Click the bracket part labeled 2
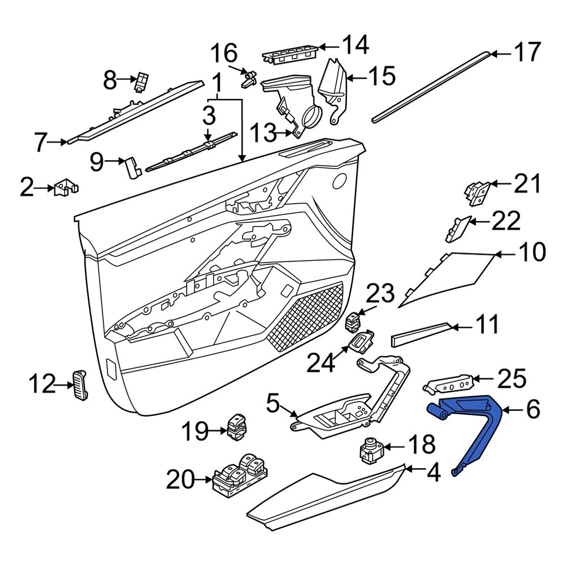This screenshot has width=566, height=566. [x=66, y=187]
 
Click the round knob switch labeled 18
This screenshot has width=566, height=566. [x=371, y=450]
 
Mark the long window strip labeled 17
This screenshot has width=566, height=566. [x=431, y=87]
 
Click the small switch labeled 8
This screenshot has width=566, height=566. [x=142, y=82]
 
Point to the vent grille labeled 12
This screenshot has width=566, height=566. [x=80, y=385]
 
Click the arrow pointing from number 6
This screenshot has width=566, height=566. [x=514, y=410]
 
